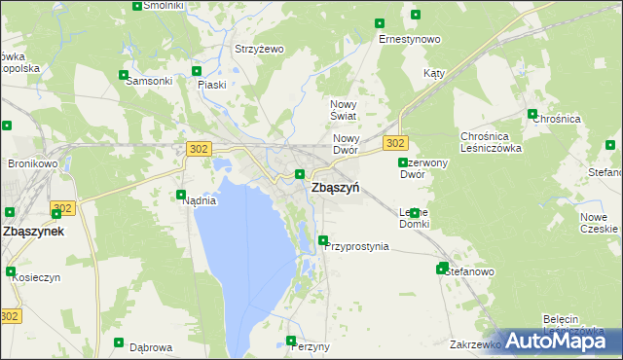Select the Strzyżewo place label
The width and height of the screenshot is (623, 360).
pyautogui.click(x=258, y=49)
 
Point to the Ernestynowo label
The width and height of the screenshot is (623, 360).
pyautogui.click(x=410, y=39)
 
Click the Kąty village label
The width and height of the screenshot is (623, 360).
pyautogui.click(x=434, y=74)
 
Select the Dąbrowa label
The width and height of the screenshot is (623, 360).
pyautogui.click(x=151, y=346)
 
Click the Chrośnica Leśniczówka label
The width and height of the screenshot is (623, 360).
pyautogui.click(x=492, y=142)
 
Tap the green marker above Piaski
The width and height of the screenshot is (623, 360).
pyautogui.click(x=197, y=71)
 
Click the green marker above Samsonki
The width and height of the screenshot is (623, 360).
pyautogui.click(x=123, y=75)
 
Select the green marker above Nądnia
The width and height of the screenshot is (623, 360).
pyautogui.click(x=180, y=195)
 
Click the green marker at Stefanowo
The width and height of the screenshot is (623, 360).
pyautogui.click(x=443, y=268)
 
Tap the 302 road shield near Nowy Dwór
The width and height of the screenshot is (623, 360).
pyautogui.click(x=394, y=143)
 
